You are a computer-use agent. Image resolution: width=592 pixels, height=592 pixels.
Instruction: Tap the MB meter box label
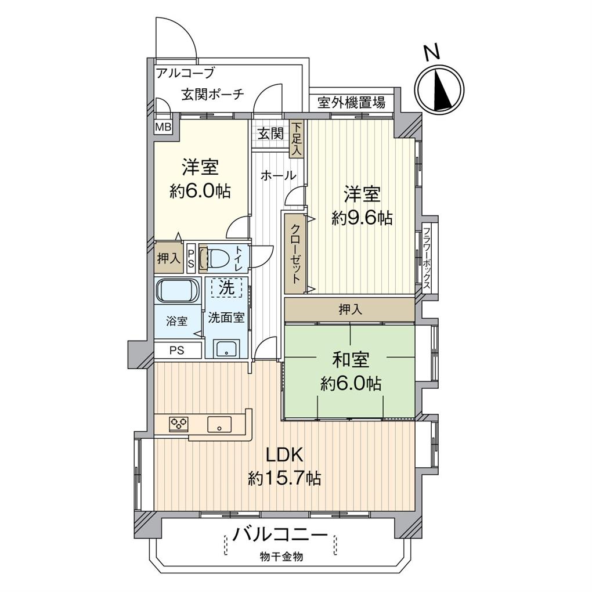[x=164, y=127]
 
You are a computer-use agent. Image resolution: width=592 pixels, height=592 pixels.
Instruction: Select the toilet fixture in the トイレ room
[x=216, y=258]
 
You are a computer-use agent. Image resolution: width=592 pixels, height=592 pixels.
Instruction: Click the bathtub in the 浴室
[x=176, y=291]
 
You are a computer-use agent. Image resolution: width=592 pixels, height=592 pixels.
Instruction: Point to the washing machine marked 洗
[x=226, y=288]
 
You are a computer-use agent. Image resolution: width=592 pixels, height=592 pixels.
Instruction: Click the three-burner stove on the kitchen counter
[x=179, y=424]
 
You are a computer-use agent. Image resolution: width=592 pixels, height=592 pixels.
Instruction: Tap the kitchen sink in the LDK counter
[x=220, y=424]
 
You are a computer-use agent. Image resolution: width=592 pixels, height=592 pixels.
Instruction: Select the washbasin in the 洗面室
[x=226, y=348]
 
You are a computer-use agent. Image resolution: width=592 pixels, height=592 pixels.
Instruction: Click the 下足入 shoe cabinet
[x=297, y=139]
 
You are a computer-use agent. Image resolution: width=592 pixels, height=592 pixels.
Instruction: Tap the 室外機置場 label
[x=351, y=102]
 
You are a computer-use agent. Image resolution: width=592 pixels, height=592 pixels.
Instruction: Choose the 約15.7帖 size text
[x=284, y=479]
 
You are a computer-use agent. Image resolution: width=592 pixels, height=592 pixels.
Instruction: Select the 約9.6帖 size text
[x=362, y=218]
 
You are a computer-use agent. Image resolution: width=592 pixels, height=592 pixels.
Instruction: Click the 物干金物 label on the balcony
[x=281, y=556]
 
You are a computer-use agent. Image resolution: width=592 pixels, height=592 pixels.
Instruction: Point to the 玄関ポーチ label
[x=213, y=94]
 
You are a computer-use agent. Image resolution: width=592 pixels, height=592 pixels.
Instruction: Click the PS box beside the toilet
[x=192, y=258]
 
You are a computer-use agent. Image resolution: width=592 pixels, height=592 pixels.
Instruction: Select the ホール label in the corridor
[x=278, y=175]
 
